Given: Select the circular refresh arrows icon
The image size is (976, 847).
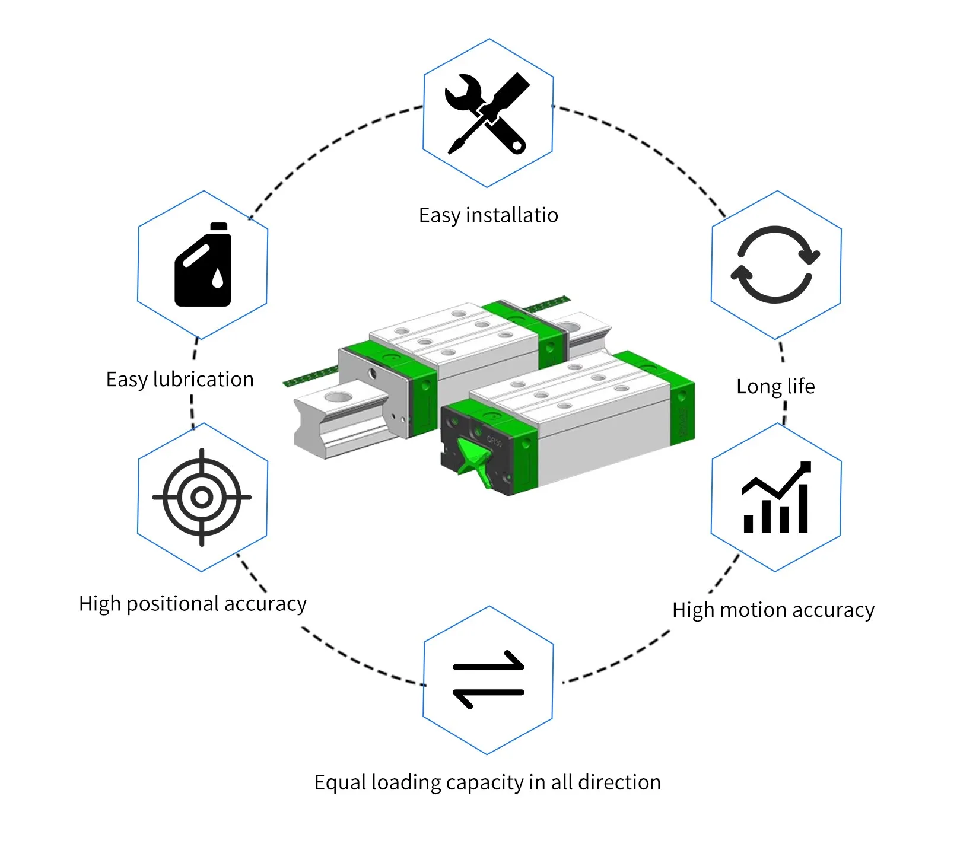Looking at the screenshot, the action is (x=775, y=265).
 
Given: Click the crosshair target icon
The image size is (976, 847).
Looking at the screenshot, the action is (x=202, y=497).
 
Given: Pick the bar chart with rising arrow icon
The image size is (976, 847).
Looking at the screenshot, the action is (x=776, y=498).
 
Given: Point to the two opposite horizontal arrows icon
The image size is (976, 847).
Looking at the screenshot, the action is (x=488, y=680).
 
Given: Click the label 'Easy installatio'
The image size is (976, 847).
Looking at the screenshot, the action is (x=488, y=215).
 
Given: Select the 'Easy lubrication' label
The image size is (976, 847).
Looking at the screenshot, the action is (x=180, y=380).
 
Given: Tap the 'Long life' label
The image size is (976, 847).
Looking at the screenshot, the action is (x=775, y=387).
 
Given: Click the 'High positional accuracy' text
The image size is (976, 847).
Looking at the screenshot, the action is (x=193, y=604).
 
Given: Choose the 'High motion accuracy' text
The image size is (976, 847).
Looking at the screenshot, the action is (x=773, y=610).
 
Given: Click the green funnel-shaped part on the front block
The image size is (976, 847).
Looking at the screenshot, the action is (x=475, y=463).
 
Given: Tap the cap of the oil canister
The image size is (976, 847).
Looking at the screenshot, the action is (x=219, y=226).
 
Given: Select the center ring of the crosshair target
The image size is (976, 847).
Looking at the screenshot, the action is (x=202, y=497).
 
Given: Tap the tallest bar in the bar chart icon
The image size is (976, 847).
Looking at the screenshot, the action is (x=803, y=508).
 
